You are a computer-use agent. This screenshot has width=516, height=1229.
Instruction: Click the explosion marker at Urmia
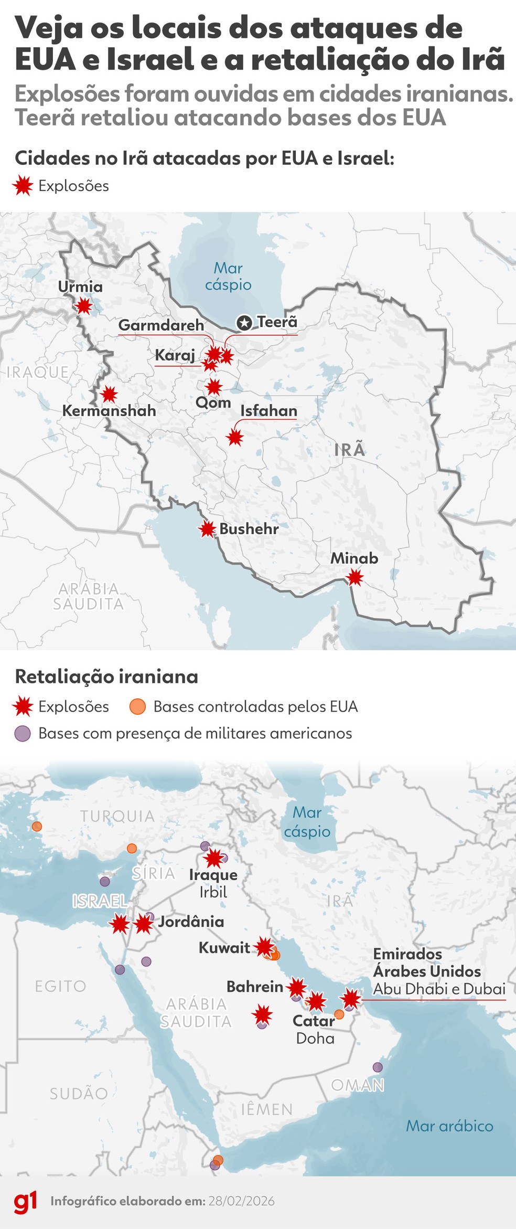pyautogui.click(x=83, y=305)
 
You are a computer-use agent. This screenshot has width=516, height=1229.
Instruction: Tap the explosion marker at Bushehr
pyautogui.click(x=208, y=529)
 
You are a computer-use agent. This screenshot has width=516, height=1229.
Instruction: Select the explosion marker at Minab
pyautogui.click(x=355, y=578)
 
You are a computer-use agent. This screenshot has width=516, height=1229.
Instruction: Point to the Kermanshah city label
pyautogui.click(x=109, y=410)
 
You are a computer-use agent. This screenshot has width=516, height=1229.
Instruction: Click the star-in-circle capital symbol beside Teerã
pyautogui.click(x=244, y=323)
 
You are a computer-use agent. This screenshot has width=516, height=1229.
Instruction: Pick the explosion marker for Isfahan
pyautogui.click(x=235, y=437)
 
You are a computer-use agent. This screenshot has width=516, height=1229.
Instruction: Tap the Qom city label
pyautogui.click(x=213, y=402)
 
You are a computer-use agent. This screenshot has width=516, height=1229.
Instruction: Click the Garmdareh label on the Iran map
pyautogui.click(x=161, y=325)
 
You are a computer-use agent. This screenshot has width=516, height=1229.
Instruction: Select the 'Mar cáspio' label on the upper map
pyautogui.click(x=228, y=276)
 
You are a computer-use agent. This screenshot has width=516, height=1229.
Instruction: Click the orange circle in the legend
pyautogui.click(x=137, y=706)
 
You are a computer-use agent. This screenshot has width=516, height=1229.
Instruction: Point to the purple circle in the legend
pyautogui.click(x=23, y=733)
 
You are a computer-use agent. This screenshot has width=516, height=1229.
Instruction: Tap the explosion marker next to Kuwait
pyautogui.click(x=264, y=947)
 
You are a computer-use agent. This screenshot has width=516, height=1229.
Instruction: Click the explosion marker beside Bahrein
pyautogui.click(x=297, y=987)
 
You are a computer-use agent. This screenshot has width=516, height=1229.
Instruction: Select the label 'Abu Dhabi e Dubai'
pyautogui.click(x=439, y=989)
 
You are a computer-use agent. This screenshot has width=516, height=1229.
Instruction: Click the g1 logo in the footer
pyautogui.click(x=25, y=1202)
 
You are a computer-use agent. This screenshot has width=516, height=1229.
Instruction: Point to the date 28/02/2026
pyautogui.click(x=241, y=1201)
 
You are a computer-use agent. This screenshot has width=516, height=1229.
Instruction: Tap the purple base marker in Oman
pyautogui.click(x=378, y=1067)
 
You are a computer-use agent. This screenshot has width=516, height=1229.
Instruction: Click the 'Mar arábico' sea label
pyautogui.click(x=449, y=1126)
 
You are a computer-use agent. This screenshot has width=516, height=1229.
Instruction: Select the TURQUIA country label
pyautogui.click(x=117, y=816)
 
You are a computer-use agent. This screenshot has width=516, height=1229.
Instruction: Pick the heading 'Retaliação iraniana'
pyautogui.click(x=106, y=676)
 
